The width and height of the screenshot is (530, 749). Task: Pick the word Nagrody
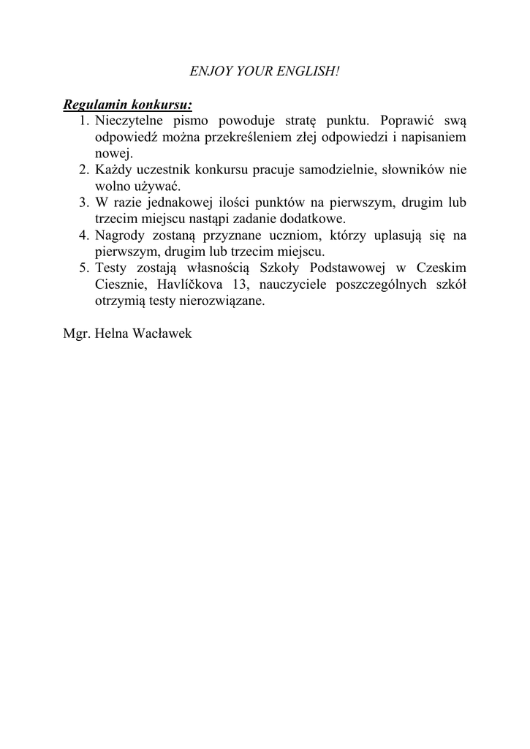[119, 236]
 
